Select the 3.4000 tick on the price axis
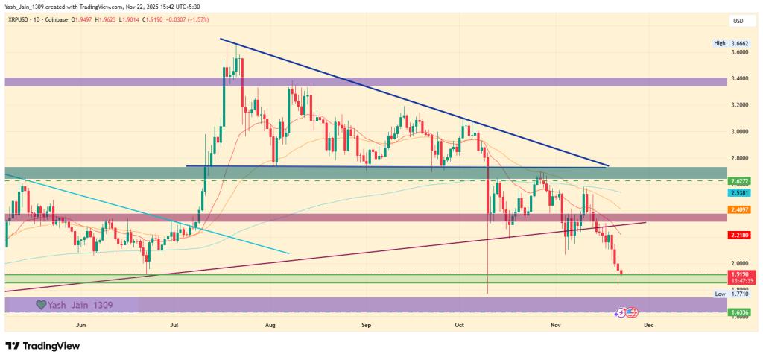740,78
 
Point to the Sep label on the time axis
366,326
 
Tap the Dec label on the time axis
648,326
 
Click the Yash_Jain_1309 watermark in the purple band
75,304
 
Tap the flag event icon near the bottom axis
631,312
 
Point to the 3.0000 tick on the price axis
740,131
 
